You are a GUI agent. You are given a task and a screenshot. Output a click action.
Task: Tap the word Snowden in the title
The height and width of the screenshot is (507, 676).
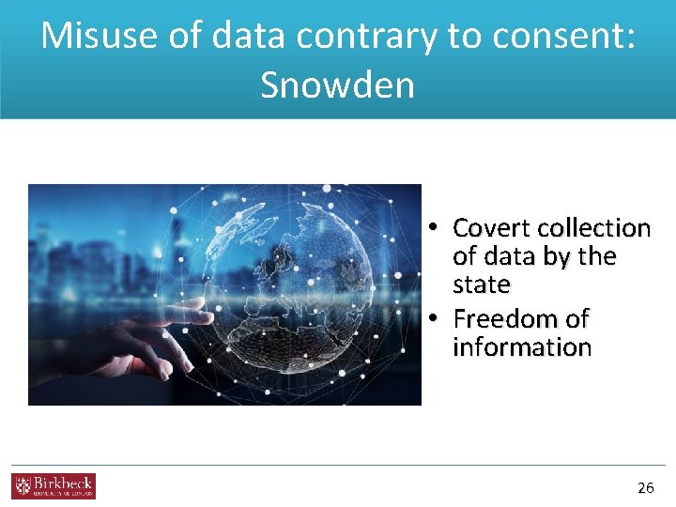[x=337, y=85]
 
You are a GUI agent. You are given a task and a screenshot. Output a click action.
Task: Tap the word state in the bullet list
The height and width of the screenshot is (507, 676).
[x=481, y=284]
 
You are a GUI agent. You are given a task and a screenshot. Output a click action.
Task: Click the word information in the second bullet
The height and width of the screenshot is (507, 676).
[x=522, y=346]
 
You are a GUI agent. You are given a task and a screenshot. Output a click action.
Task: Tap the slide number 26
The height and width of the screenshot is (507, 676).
[x=645, y=487]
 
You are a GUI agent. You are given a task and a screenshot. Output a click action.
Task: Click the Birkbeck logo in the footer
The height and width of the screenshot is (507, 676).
[x=54, y=485]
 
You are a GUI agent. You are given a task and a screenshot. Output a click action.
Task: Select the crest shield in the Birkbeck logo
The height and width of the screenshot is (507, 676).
[x=22, y=485]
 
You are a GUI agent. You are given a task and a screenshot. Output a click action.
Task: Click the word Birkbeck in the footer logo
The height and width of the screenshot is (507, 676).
[x=63, y=483]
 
